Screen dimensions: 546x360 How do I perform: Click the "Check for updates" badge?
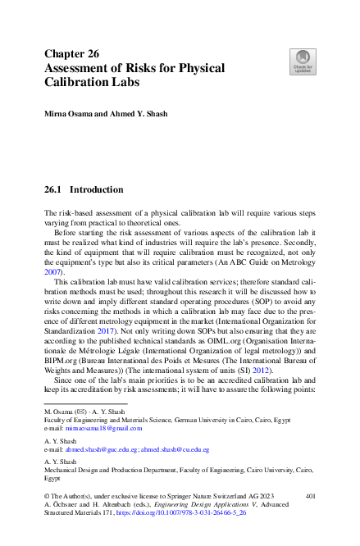coord(303,61)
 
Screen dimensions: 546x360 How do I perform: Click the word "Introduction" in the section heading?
coord(97,189)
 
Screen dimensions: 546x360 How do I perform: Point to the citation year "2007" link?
coord(52,271)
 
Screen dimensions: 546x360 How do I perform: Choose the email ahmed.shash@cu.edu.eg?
coord(175,449)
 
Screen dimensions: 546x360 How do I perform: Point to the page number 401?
coord(310,496)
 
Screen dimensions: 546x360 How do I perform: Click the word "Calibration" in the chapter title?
coord(78,82)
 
